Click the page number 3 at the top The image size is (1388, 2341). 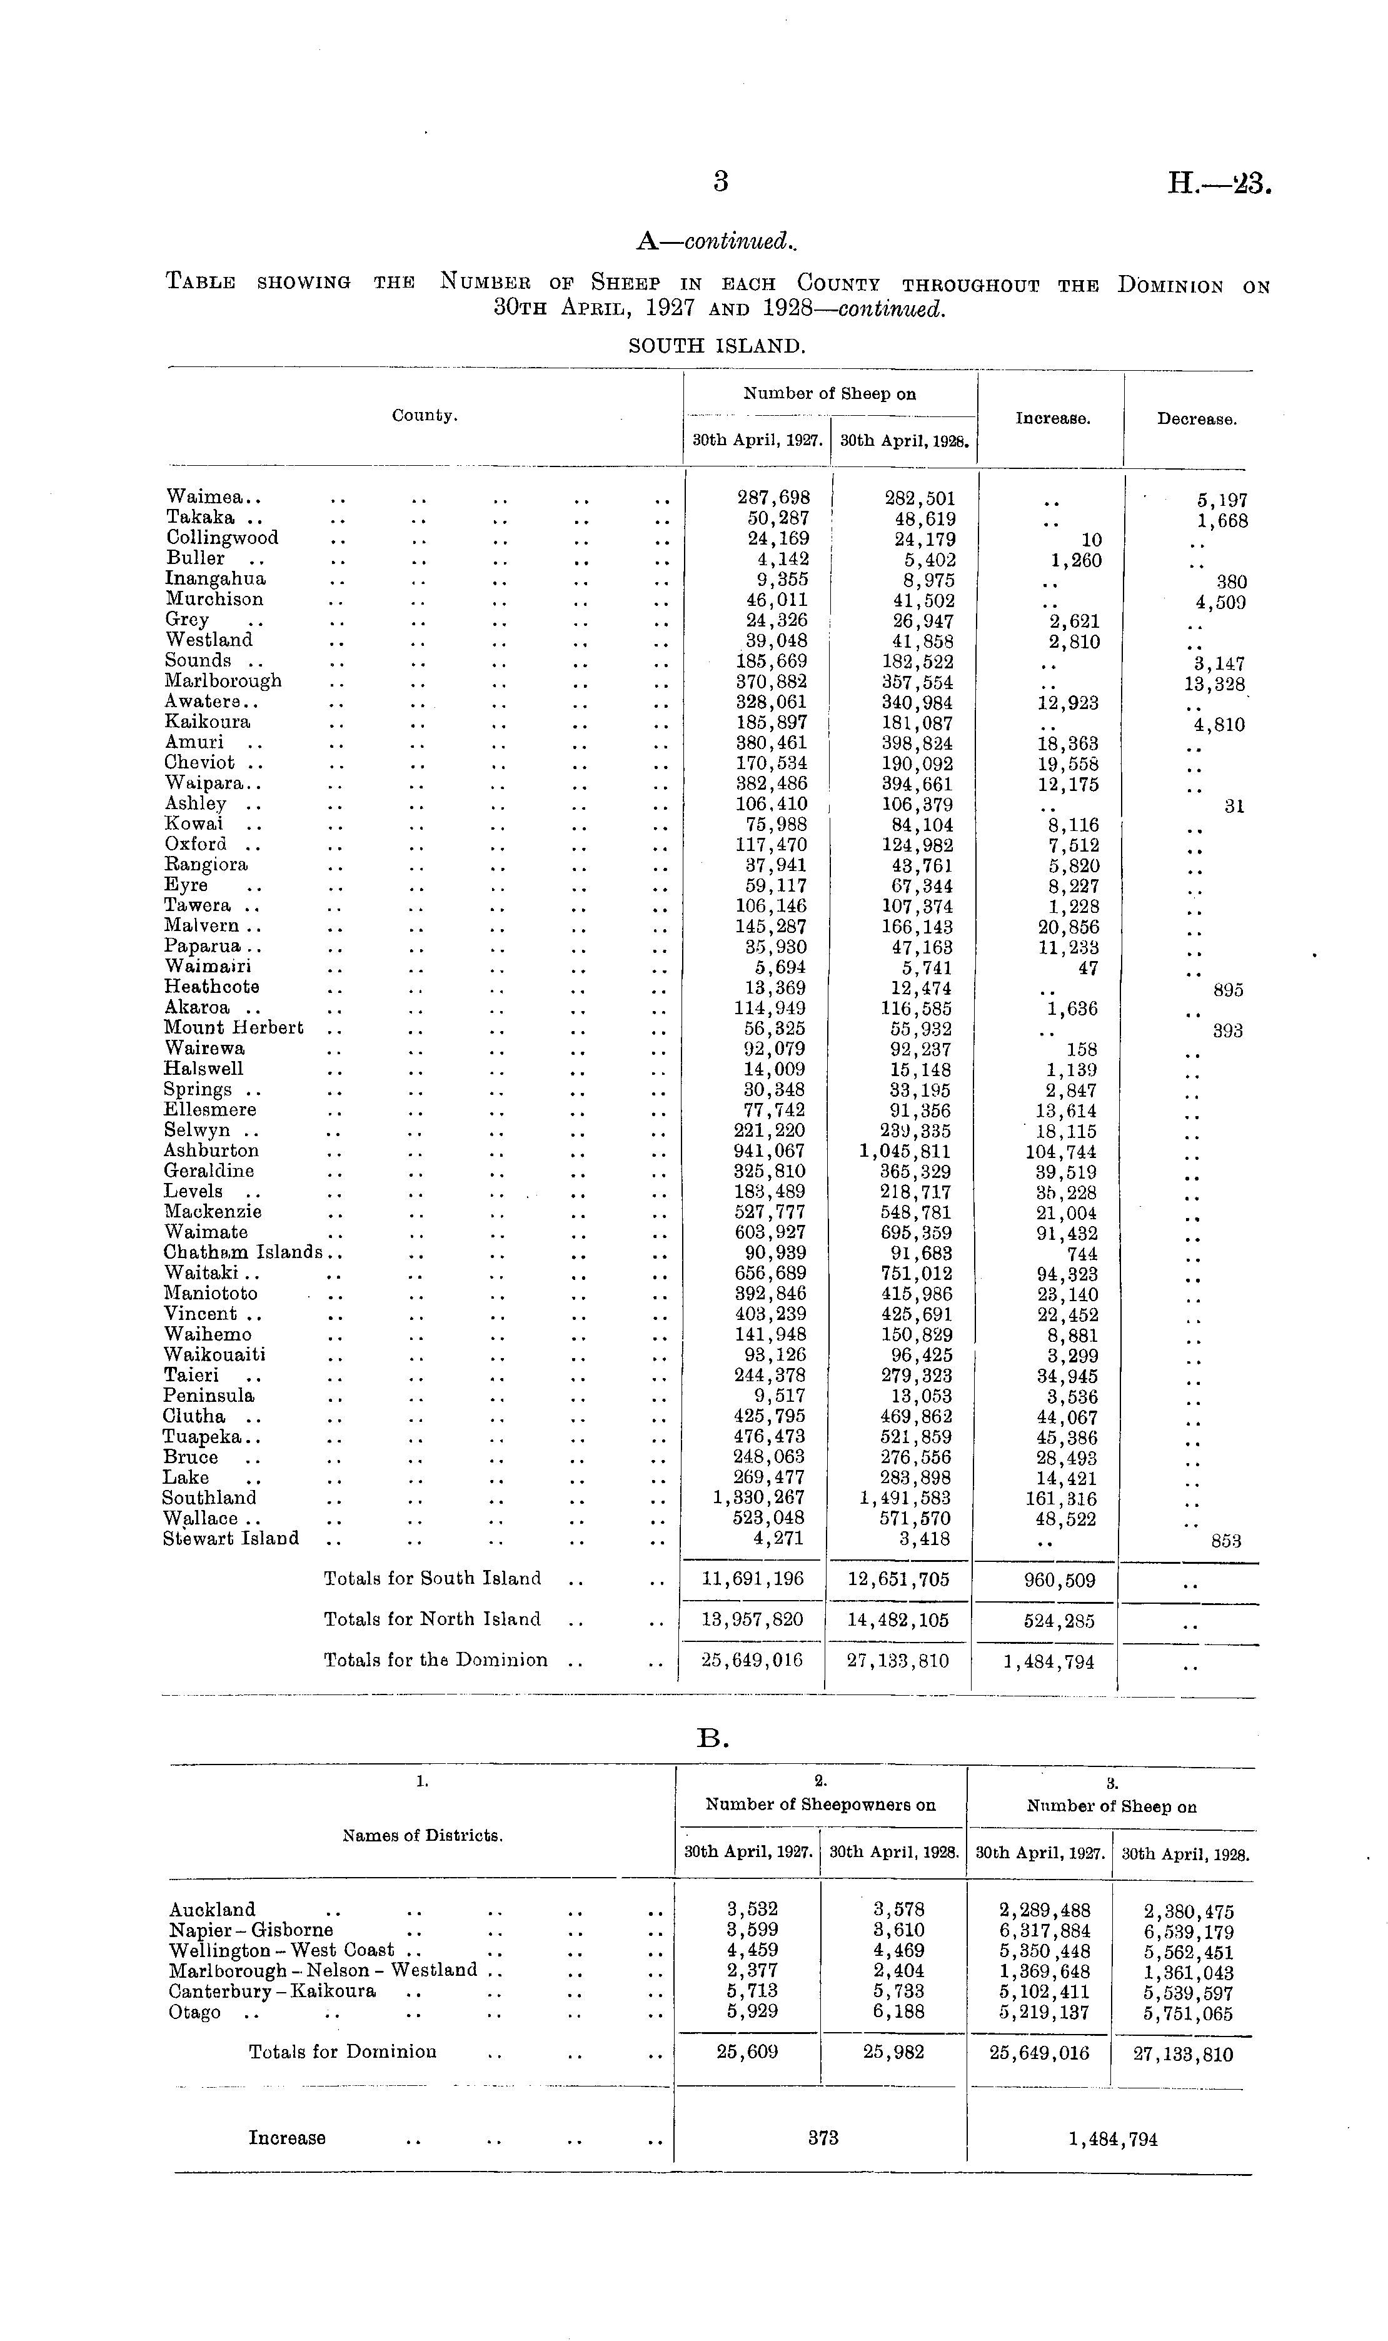tap(720, 181)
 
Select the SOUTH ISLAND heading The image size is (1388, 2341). tap(717, 346)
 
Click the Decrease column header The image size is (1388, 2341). tap(1196, 419)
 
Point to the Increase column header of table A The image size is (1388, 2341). tap(1052, 419)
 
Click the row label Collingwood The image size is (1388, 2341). tap(223, 538)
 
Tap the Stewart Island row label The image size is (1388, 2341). tap(231, 1539)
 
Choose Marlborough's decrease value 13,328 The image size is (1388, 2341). tap(1214, 683)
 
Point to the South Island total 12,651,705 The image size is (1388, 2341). tap(898, 1579)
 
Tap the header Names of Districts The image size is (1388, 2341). tap(423, 1836)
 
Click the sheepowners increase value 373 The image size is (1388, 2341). tap(823, 2137)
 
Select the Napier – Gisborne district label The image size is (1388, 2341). tap(251, 1930)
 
